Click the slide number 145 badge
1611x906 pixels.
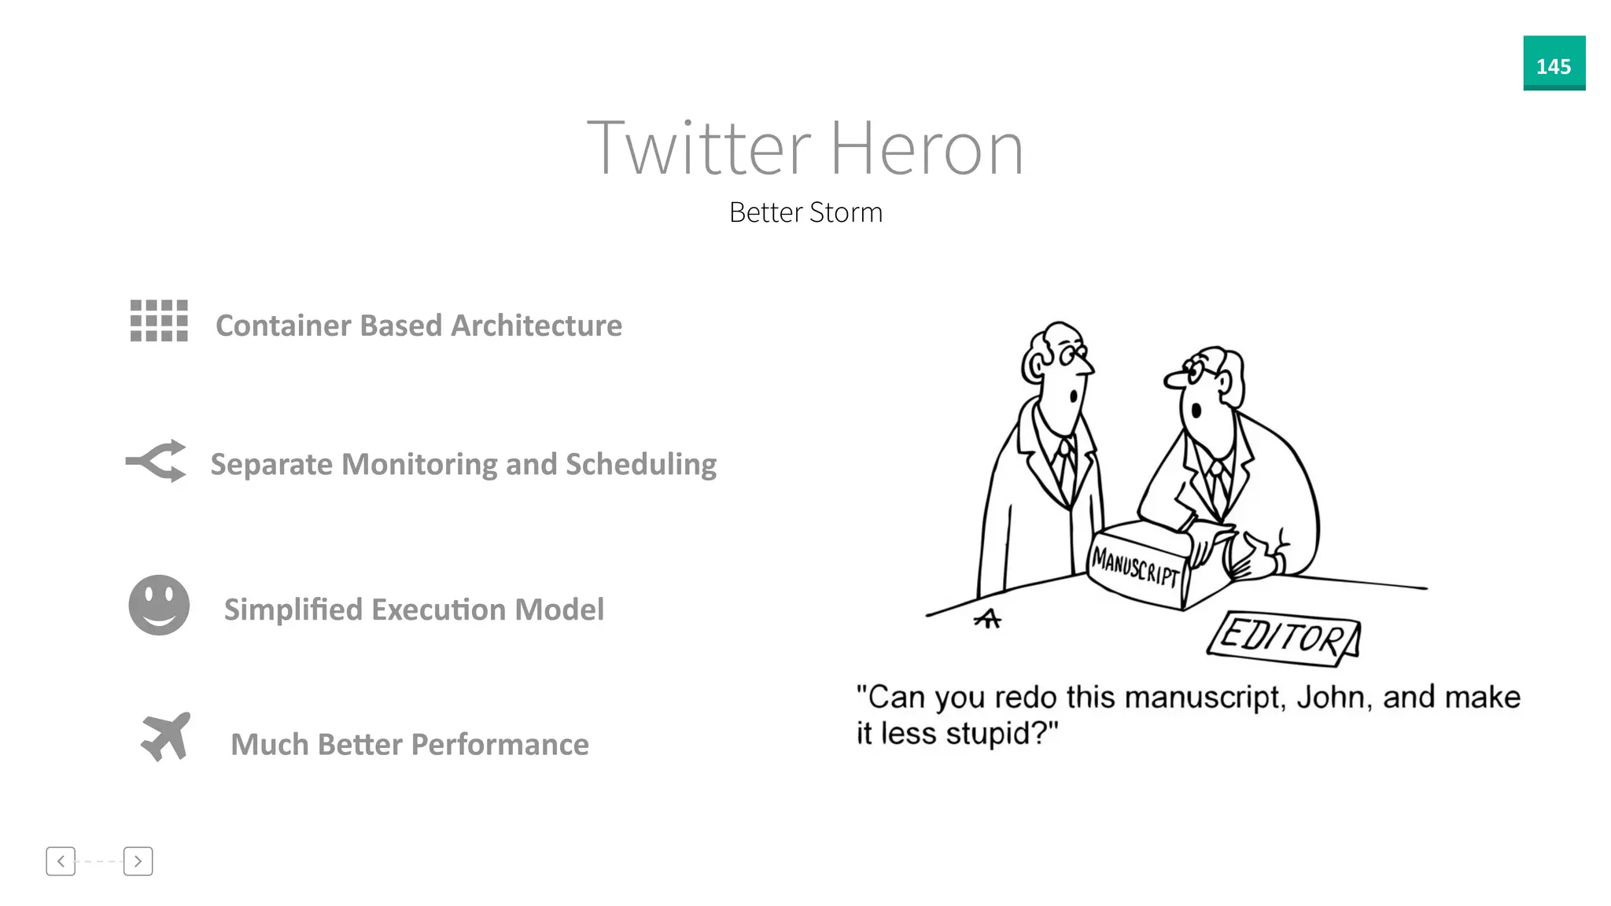pos(1554,64)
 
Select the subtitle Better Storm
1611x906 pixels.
pos(805,212)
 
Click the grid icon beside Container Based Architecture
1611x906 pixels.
pos(159,321)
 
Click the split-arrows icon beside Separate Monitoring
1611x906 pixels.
pos(157,461)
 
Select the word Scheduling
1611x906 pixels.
pos(641,465)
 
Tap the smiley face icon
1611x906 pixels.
pos(159,605)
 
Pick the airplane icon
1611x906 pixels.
pos(166,736)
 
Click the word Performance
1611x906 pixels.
pos(500,745)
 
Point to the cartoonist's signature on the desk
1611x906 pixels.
pos(988,620)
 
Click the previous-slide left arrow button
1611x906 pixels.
pos(61,861)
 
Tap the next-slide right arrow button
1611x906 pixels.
pos(138,861)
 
